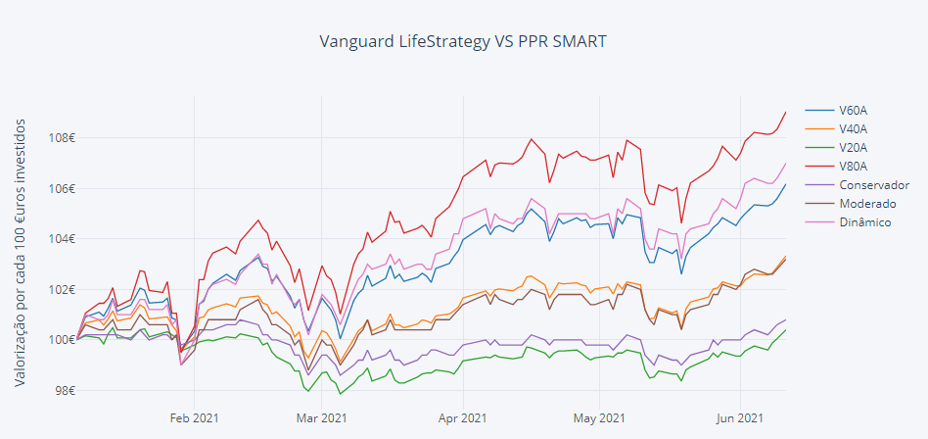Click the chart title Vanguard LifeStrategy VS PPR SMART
click(x=463, y=42)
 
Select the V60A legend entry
click(x=853, y=110)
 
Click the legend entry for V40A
click(x=853, y=128)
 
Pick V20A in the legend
click(x=853, y=147)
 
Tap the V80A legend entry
click(x=853, y=166)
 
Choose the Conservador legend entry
click(x=873, y=185)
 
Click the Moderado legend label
click(x=867, y=204)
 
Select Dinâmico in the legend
click(x=866, y=222)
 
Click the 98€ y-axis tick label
click(x=64, y=391)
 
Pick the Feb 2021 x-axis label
click(x=194, y=417)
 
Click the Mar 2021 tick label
click(x=321, y=417)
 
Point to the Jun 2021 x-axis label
click(x=740, y=417)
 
